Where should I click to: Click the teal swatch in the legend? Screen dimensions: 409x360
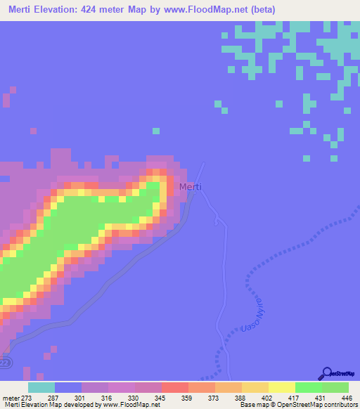pos(41,387)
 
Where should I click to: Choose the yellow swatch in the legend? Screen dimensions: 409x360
pos(281,387)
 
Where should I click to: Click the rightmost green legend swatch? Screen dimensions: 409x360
pos(335,387)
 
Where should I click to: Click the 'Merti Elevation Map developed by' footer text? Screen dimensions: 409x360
pos(42,405)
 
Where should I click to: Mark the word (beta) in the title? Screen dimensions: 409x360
pos(259,10)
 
